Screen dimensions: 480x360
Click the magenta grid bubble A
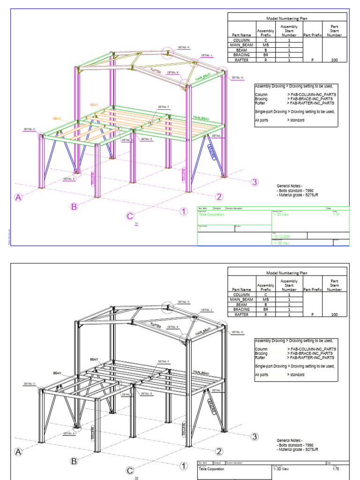tap(19, 198)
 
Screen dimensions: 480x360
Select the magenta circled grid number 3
tap(255, 182)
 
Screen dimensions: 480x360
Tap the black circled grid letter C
tap(130, 471)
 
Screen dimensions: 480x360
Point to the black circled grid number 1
tap(184, 466)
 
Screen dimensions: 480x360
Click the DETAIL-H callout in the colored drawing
tap(183, 47)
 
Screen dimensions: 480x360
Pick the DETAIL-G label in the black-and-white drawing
tap(238, 332)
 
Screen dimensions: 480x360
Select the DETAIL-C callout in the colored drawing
tap(30, 129)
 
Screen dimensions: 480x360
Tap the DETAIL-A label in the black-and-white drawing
tap(69, 433)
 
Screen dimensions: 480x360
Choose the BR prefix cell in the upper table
tap(265, 55)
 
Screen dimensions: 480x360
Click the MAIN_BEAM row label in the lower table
tap(241, 300)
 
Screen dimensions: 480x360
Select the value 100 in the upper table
tap(334, 60)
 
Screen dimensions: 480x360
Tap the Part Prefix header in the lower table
tap(312, 289)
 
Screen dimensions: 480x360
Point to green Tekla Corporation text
tap(211, 215)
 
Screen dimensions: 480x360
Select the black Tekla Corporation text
tap(211, 468)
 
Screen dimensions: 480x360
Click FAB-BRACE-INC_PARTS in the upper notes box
tap(311, 99)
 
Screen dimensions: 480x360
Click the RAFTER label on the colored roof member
tap(156, 70)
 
